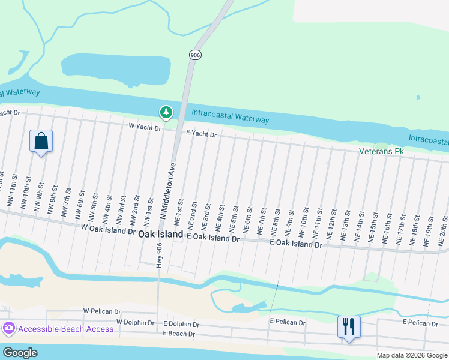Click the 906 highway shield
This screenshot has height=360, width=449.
tap(195, 55)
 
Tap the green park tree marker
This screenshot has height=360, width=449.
tap(166, 112)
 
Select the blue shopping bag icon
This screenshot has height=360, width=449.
tap(41, 142)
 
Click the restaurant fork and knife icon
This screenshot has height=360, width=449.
tap(349, 327)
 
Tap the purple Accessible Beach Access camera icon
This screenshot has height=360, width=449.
tap(9, 329)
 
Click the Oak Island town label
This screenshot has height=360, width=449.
tap(160, 236)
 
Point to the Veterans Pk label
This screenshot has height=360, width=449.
tap(382, 152)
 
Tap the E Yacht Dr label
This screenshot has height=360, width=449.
tap(201, 134)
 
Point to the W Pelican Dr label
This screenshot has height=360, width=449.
tap(102, 311)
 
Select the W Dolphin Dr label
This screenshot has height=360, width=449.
tap(136, 322)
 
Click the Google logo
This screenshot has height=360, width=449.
tap(19, 353)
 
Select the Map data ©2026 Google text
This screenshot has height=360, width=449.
tap(411, 355)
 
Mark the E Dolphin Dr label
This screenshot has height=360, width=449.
tap(181, 324)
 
